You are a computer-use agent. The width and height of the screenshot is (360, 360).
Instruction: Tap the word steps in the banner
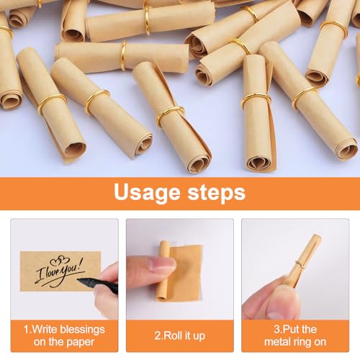pyautogui.click(x=215, y=193)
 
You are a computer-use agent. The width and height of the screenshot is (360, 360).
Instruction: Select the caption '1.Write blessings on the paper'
pyautogui.click(x=63, y=336)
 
